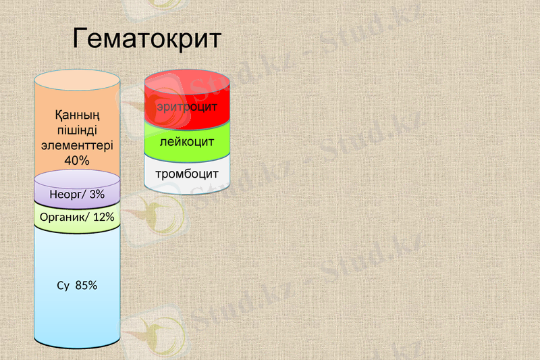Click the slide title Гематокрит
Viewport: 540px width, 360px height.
pyautogui.click(x=146, y=38)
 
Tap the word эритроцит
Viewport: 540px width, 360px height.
pyautogui.click(x=187, y=107)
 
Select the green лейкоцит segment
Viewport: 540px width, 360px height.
pyautogui.click(x=187, y=143)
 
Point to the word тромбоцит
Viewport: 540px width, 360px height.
pyautogui.click(x=187, y=174)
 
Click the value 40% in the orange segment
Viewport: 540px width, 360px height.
pyautogui.click(x=77, y=160)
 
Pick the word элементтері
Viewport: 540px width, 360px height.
pyautogui.click(x=77, y=145)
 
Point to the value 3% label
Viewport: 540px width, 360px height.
pyautogui.click(x=97, y=195)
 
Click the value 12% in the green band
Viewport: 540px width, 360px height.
pyautogui.click(x=104, y=217)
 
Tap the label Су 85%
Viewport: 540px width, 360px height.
pyautogui.click(x=77, y=285)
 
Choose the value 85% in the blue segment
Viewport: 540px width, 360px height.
pyautogui.click(x=86, y=285)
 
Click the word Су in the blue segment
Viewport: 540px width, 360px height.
pyautogui.click(x=63, y=285)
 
